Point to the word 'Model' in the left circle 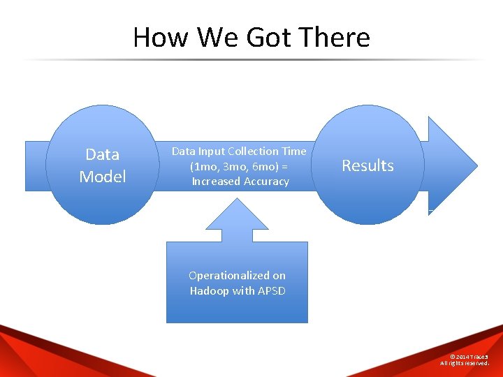point(103,177)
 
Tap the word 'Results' point(367,165)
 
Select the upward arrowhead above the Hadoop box point(238,216)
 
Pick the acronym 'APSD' point(272,290)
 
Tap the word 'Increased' point(215,182)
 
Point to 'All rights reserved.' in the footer point(465,363)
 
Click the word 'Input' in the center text point(210,151)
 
